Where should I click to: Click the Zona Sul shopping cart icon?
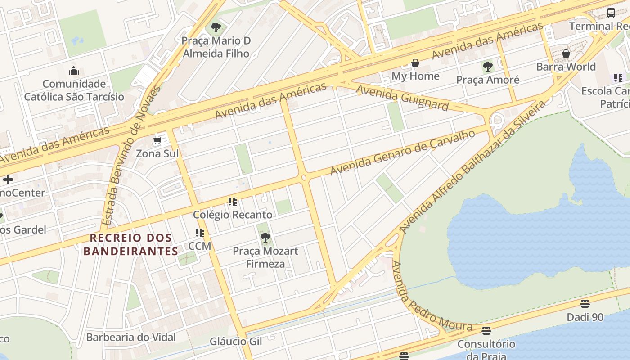[157, 141]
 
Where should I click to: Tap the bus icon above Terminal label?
[611, 13]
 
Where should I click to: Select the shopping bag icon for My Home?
[415, 63]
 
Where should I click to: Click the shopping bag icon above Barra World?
[566, 54]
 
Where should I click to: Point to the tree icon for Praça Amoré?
[487, 67]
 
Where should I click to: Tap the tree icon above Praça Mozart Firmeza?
[265, 238]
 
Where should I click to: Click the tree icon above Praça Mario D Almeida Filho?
[216, 27]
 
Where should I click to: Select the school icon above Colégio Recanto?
[232, 202]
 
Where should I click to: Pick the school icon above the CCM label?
[200, 233]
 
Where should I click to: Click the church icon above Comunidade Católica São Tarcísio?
[74, 71]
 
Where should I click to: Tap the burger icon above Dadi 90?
[585, 304]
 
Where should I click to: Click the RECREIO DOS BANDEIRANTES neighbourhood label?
[131, 244]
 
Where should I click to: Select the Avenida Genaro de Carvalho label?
[403, 153]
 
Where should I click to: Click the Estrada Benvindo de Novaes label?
[131, 156]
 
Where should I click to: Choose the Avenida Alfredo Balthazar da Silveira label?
[472, 166]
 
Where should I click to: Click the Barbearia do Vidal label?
[131, 337]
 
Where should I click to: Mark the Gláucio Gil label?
[236, 342]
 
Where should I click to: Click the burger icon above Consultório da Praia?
[486, 331]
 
